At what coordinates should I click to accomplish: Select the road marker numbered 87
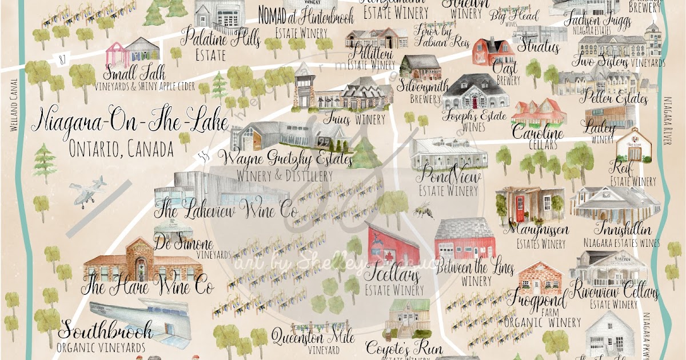click(62, 58)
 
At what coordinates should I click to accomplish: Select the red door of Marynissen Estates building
click(520, 204)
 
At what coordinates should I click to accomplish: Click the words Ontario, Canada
click(121, 150)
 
